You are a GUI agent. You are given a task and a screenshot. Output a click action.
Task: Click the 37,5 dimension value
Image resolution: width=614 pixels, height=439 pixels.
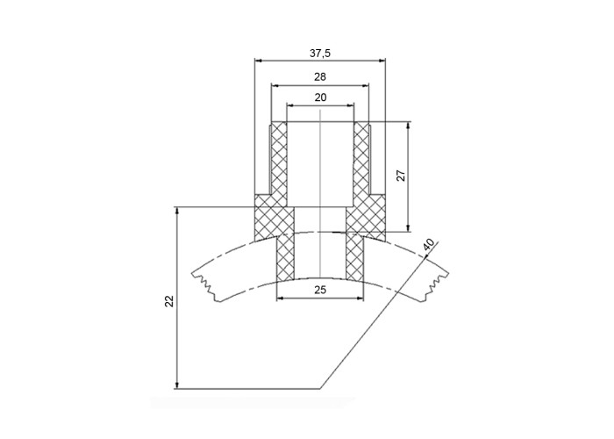point(320,54)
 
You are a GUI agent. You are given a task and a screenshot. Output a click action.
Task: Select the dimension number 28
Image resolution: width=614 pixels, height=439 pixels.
point(320,77)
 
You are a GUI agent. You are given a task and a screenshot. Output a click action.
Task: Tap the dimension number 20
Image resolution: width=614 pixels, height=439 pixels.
point(320,97)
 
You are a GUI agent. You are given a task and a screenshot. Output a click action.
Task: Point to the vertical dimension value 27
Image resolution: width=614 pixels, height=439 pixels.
point(401,176)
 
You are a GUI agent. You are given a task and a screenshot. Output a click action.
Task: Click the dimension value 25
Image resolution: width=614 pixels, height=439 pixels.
point(320,290)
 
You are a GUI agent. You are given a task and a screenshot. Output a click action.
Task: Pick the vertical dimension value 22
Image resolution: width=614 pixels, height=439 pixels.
point(168,301)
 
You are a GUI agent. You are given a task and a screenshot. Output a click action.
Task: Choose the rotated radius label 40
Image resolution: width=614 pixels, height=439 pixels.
point(429,245)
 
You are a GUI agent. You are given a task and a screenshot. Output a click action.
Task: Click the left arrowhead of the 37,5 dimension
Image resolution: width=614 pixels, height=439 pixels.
point(258,61)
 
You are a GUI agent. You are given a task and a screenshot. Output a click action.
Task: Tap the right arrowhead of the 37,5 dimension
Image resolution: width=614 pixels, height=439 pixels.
point(382,61)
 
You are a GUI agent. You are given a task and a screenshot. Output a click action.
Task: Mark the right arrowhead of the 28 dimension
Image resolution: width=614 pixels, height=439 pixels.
point(366,85)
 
